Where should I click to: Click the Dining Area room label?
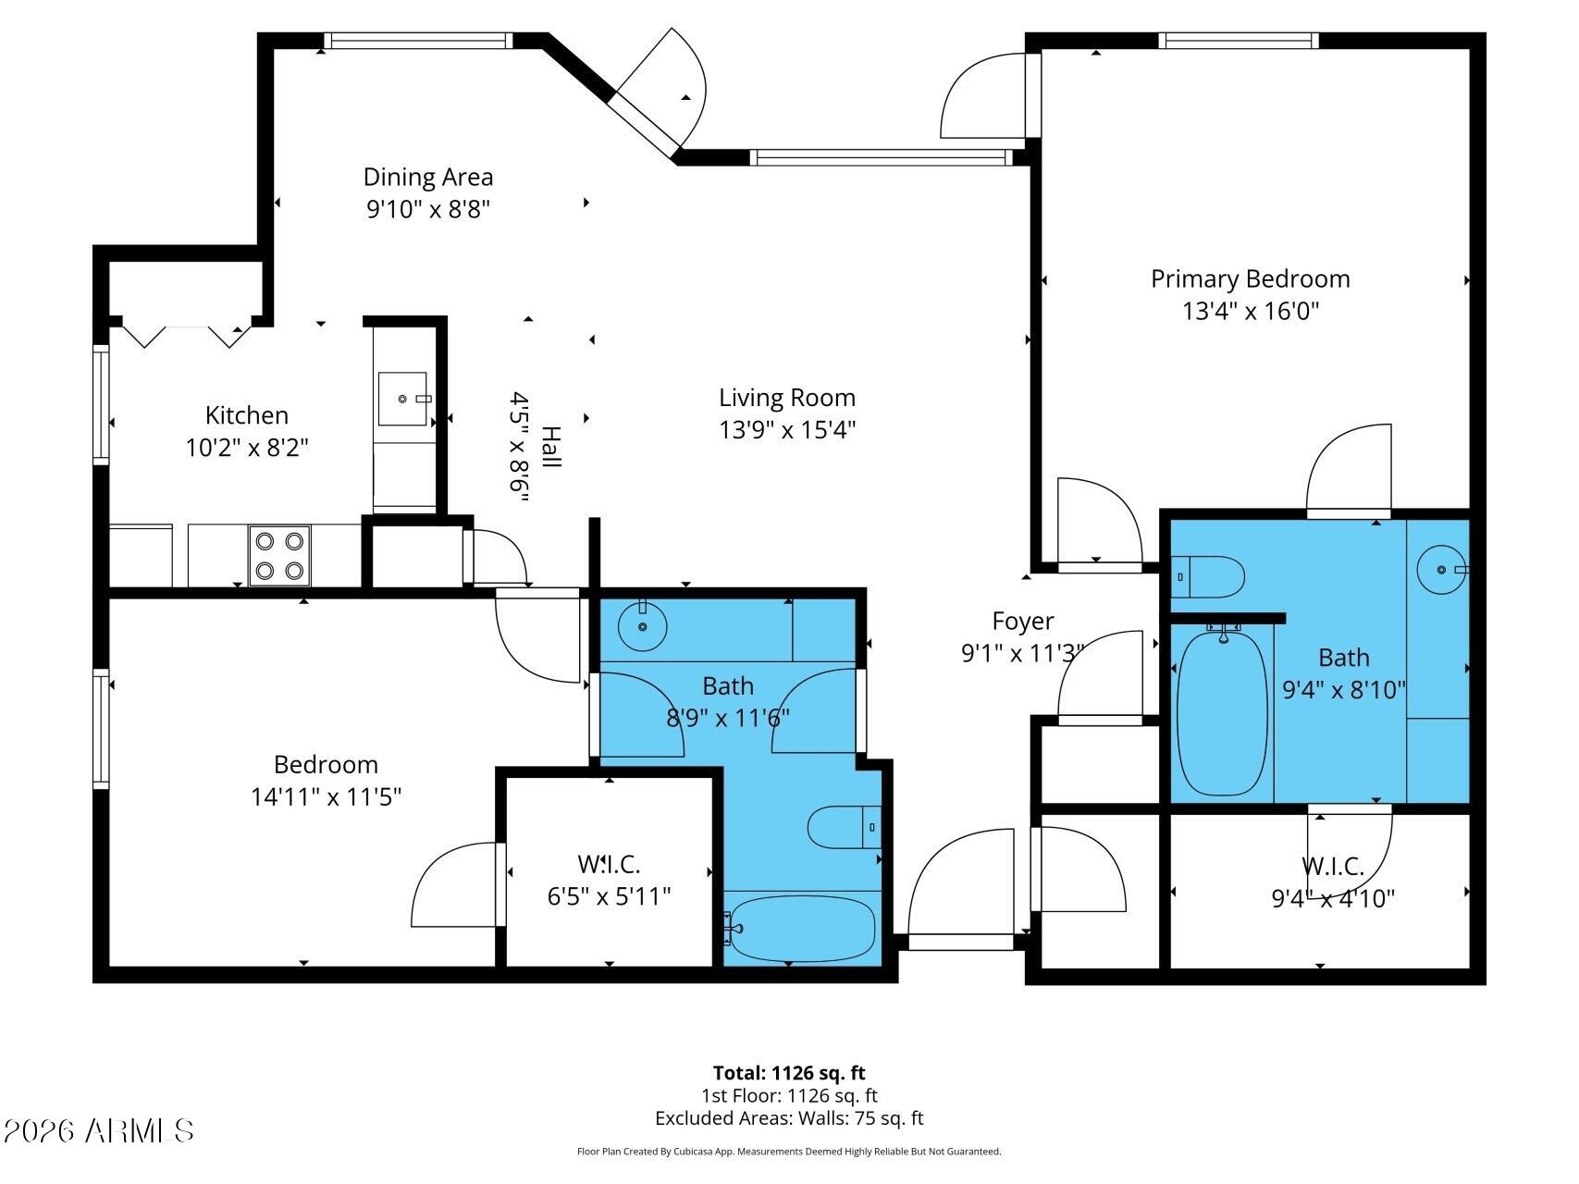point(428,177)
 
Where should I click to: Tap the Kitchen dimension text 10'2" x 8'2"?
point(247,449)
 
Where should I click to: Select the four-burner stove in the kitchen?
point(279,556)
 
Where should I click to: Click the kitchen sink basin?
point(402,399)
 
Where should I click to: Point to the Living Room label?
point(787,398)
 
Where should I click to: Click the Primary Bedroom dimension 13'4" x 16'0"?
point(1251,311)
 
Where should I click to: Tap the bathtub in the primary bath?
point(1223,711)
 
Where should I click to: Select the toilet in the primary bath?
point(1207,577)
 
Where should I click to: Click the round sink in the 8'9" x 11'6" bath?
point(642,626)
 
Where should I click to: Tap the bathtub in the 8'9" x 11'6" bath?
point(799,928)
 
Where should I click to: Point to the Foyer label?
point(1023,622)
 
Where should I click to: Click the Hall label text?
point(550,447)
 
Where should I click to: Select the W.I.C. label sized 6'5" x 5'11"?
point(610,864)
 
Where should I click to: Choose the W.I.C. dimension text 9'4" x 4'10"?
point(1334,898)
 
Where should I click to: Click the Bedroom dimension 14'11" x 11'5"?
point(326,796)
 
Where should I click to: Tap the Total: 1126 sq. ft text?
point(789,1073)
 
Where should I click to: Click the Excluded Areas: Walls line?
point(789,1118)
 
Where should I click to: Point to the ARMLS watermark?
point(99,1130)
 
